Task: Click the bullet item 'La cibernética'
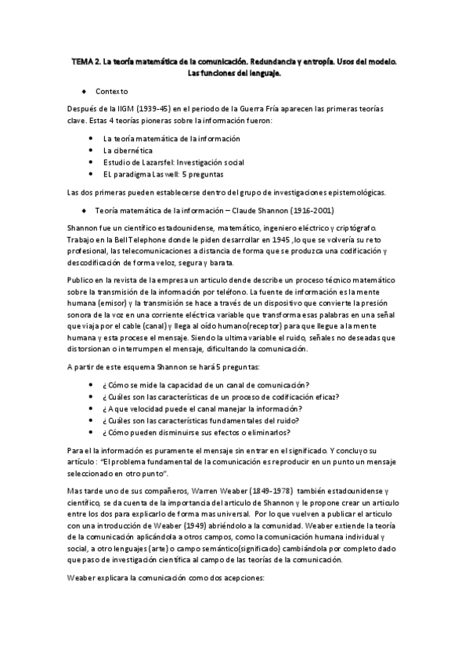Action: pyautogui.click(x=128, y=150)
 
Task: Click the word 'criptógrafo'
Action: pyautogui.click(x=355, y=227)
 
